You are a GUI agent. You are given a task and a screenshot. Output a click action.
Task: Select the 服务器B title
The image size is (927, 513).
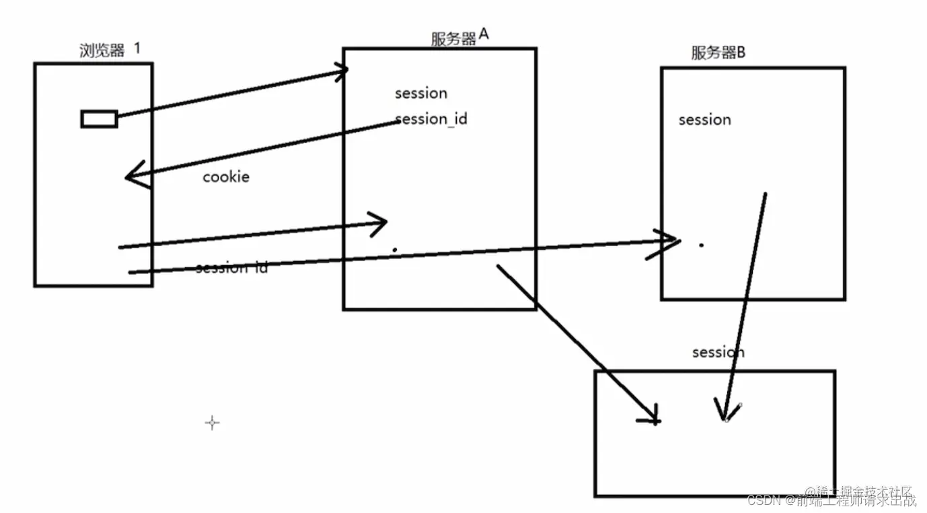point(718,53)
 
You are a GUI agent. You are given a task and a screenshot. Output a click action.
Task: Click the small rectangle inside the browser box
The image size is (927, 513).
point(100,119)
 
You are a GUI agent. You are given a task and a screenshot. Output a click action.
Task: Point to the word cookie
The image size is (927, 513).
point(226,177)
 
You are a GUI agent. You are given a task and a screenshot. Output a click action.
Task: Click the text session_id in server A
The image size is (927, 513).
point(431,119)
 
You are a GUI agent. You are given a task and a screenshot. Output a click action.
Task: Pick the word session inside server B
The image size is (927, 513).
point(704,120)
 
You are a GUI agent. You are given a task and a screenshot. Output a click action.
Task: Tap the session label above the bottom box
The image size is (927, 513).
point(718,352)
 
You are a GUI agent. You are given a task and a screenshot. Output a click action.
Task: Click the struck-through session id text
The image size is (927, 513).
point(231,268)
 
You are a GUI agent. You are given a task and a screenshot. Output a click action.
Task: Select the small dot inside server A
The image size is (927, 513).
point(395,250)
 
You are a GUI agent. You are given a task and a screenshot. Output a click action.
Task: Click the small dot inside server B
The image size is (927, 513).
point(701,245)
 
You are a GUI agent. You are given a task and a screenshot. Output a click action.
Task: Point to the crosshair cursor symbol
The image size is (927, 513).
point(212,423)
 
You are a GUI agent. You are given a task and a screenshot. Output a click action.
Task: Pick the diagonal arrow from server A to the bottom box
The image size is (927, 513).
point(579,343)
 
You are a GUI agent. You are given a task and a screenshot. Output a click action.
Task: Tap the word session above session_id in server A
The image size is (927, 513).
point(420,94)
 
